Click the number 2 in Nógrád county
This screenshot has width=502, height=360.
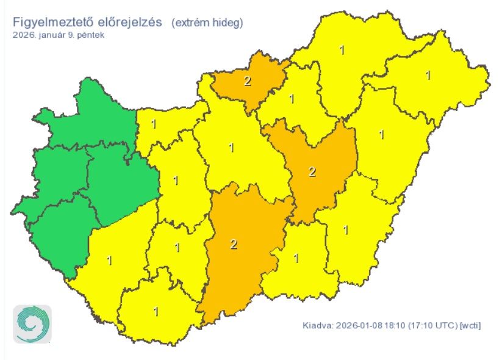pos(248,82)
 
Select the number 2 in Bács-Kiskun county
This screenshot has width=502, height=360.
pos(234,245)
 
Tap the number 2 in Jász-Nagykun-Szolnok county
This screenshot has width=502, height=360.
pos(312,172)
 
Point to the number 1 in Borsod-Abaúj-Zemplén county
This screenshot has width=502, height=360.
pos(342,50)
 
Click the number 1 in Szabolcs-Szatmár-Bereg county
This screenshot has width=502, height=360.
pos(428,75)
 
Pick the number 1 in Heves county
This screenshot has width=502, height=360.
pos(292,99)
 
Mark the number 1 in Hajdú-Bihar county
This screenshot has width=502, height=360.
pos(382,134)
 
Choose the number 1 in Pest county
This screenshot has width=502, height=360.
pos(231,148)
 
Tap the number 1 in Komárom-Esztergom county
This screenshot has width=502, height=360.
pos(154,124)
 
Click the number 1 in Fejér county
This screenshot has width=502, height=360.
pos(176,181)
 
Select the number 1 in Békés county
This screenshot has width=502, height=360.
pos(346,230)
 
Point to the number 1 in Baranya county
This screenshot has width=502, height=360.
pos(156,311)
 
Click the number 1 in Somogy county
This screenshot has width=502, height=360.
pos(110,261)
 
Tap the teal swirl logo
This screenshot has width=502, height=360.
pos(32,324)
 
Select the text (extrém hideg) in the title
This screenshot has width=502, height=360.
pos(207,23)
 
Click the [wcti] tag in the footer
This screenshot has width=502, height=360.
pos(470,325)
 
